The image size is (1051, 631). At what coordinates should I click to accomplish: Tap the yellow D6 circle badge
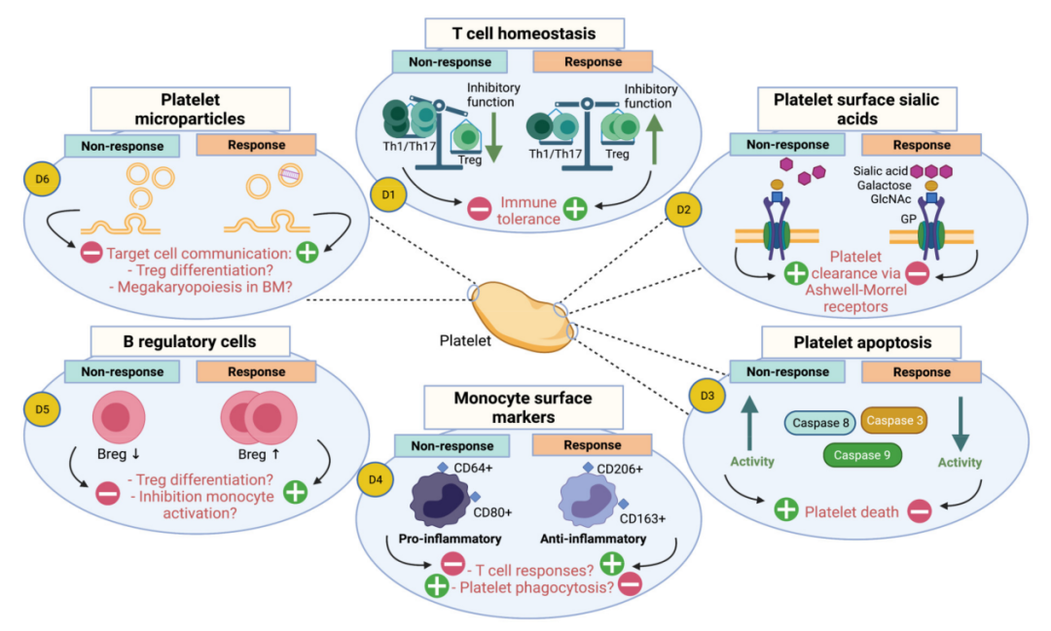40,181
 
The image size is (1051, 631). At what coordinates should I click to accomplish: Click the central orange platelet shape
522,314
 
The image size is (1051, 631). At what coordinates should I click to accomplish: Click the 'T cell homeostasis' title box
524,33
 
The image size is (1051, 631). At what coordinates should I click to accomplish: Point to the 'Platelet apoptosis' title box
861,342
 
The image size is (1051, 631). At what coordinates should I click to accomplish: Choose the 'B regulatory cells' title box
191,341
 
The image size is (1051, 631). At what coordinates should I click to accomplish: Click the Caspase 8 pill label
820,421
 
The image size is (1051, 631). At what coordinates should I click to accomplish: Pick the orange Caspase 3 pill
893,420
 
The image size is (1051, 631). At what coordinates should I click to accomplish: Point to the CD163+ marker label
642,518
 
